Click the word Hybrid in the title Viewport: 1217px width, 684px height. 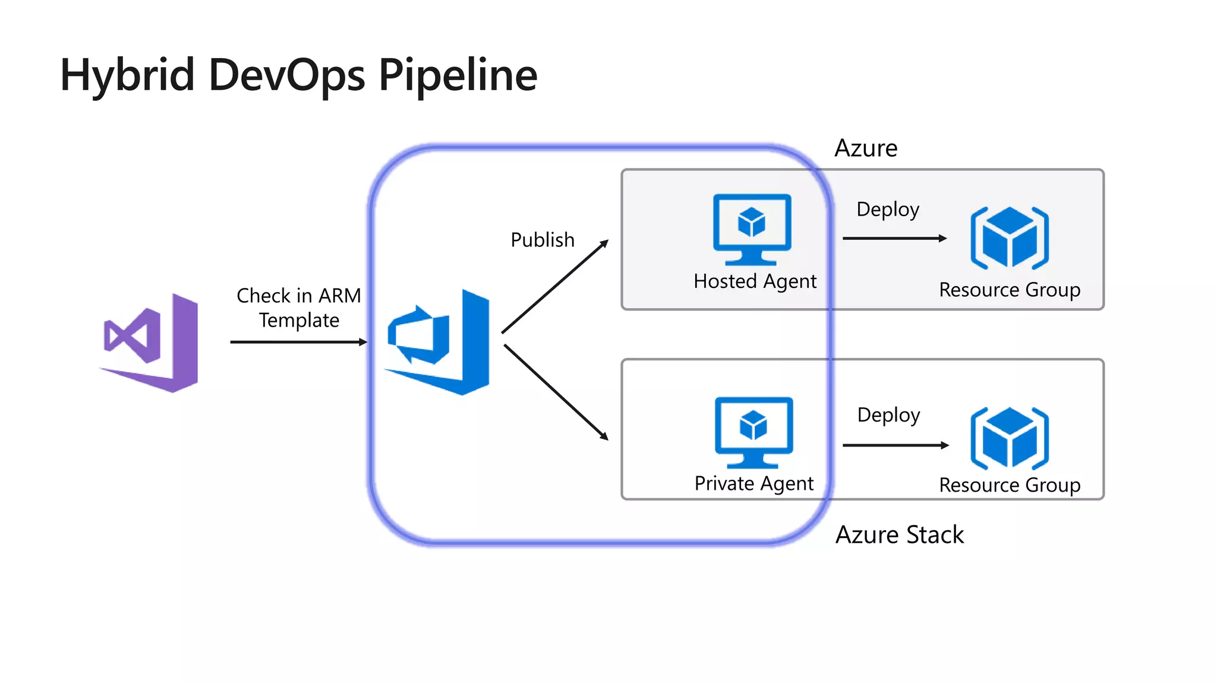point(128,75)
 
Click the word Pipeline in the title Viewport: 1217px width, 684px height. point(458,75)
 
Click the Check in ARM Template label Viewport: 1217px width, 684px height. point(299,308)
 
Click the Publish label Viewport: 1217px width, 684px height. point(543,240)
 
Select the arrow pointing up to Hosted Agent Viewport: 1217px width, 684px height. point(555,287)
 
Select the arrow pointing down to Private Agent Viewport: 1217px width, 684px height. point(556,392)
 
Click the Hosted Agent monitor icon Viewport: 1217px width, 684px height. point(752,229)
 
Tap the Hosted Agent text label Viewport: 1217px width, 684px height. point(755,281)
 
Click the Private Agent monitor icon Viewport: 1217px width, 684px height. point(753,432)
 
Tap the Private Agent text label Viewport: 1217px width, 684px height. point(753,483)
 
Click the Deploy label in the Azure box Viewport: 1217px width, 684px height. point(888,209)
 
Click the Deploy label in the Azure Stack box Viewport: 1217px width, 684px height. point(888,414)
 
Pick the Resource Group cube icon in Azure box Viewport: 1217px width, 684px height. point(1010,237)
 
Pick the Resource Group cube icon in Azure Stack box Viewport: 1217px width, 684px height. point(1010,438)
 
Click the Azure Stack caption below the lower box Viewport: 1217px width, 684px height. point(899,534)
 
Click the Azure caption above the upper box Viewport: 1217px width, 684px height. point(866,148)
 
